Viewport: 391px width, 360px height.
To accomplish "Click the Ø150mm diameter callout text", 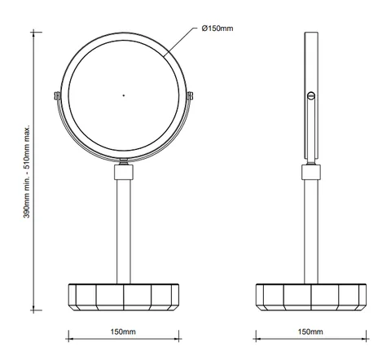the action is (217, 29).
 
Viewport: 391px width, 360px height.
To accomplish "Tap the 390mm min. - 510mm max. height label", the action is (27, 171).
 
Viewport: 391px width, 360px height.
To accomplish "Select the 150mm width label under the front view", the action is (123, 331).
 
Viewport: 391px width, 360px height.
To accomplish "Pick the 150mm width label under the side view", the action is (310, 331).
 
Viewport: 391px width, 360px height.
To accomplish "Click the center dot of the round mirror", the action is (124, 95).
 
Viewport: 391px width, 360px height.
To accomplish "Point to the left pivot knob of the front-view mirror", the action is (57, 96).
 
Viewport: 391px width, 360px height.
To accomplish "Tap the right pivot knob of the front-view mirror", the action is (190, 96).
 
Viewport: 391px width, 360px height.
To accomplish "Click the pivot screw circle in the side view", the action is (311, 95).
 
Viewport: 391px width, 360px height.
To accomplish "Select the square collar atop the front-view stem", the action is (124, 172).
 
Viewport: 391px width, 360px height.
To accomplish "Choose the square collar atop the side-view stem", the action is (311, 172).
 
